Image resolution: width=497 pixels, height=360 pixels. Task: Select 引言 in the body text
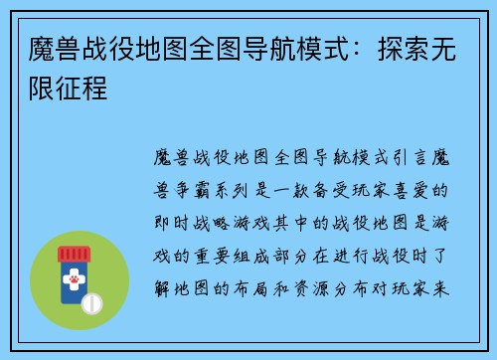[411, 158]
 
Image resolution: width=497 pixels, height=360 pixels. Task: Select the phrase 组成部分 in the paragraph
[282, 253]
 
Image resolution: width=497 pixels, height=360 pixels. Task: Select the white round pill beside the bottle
[92, 301]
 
